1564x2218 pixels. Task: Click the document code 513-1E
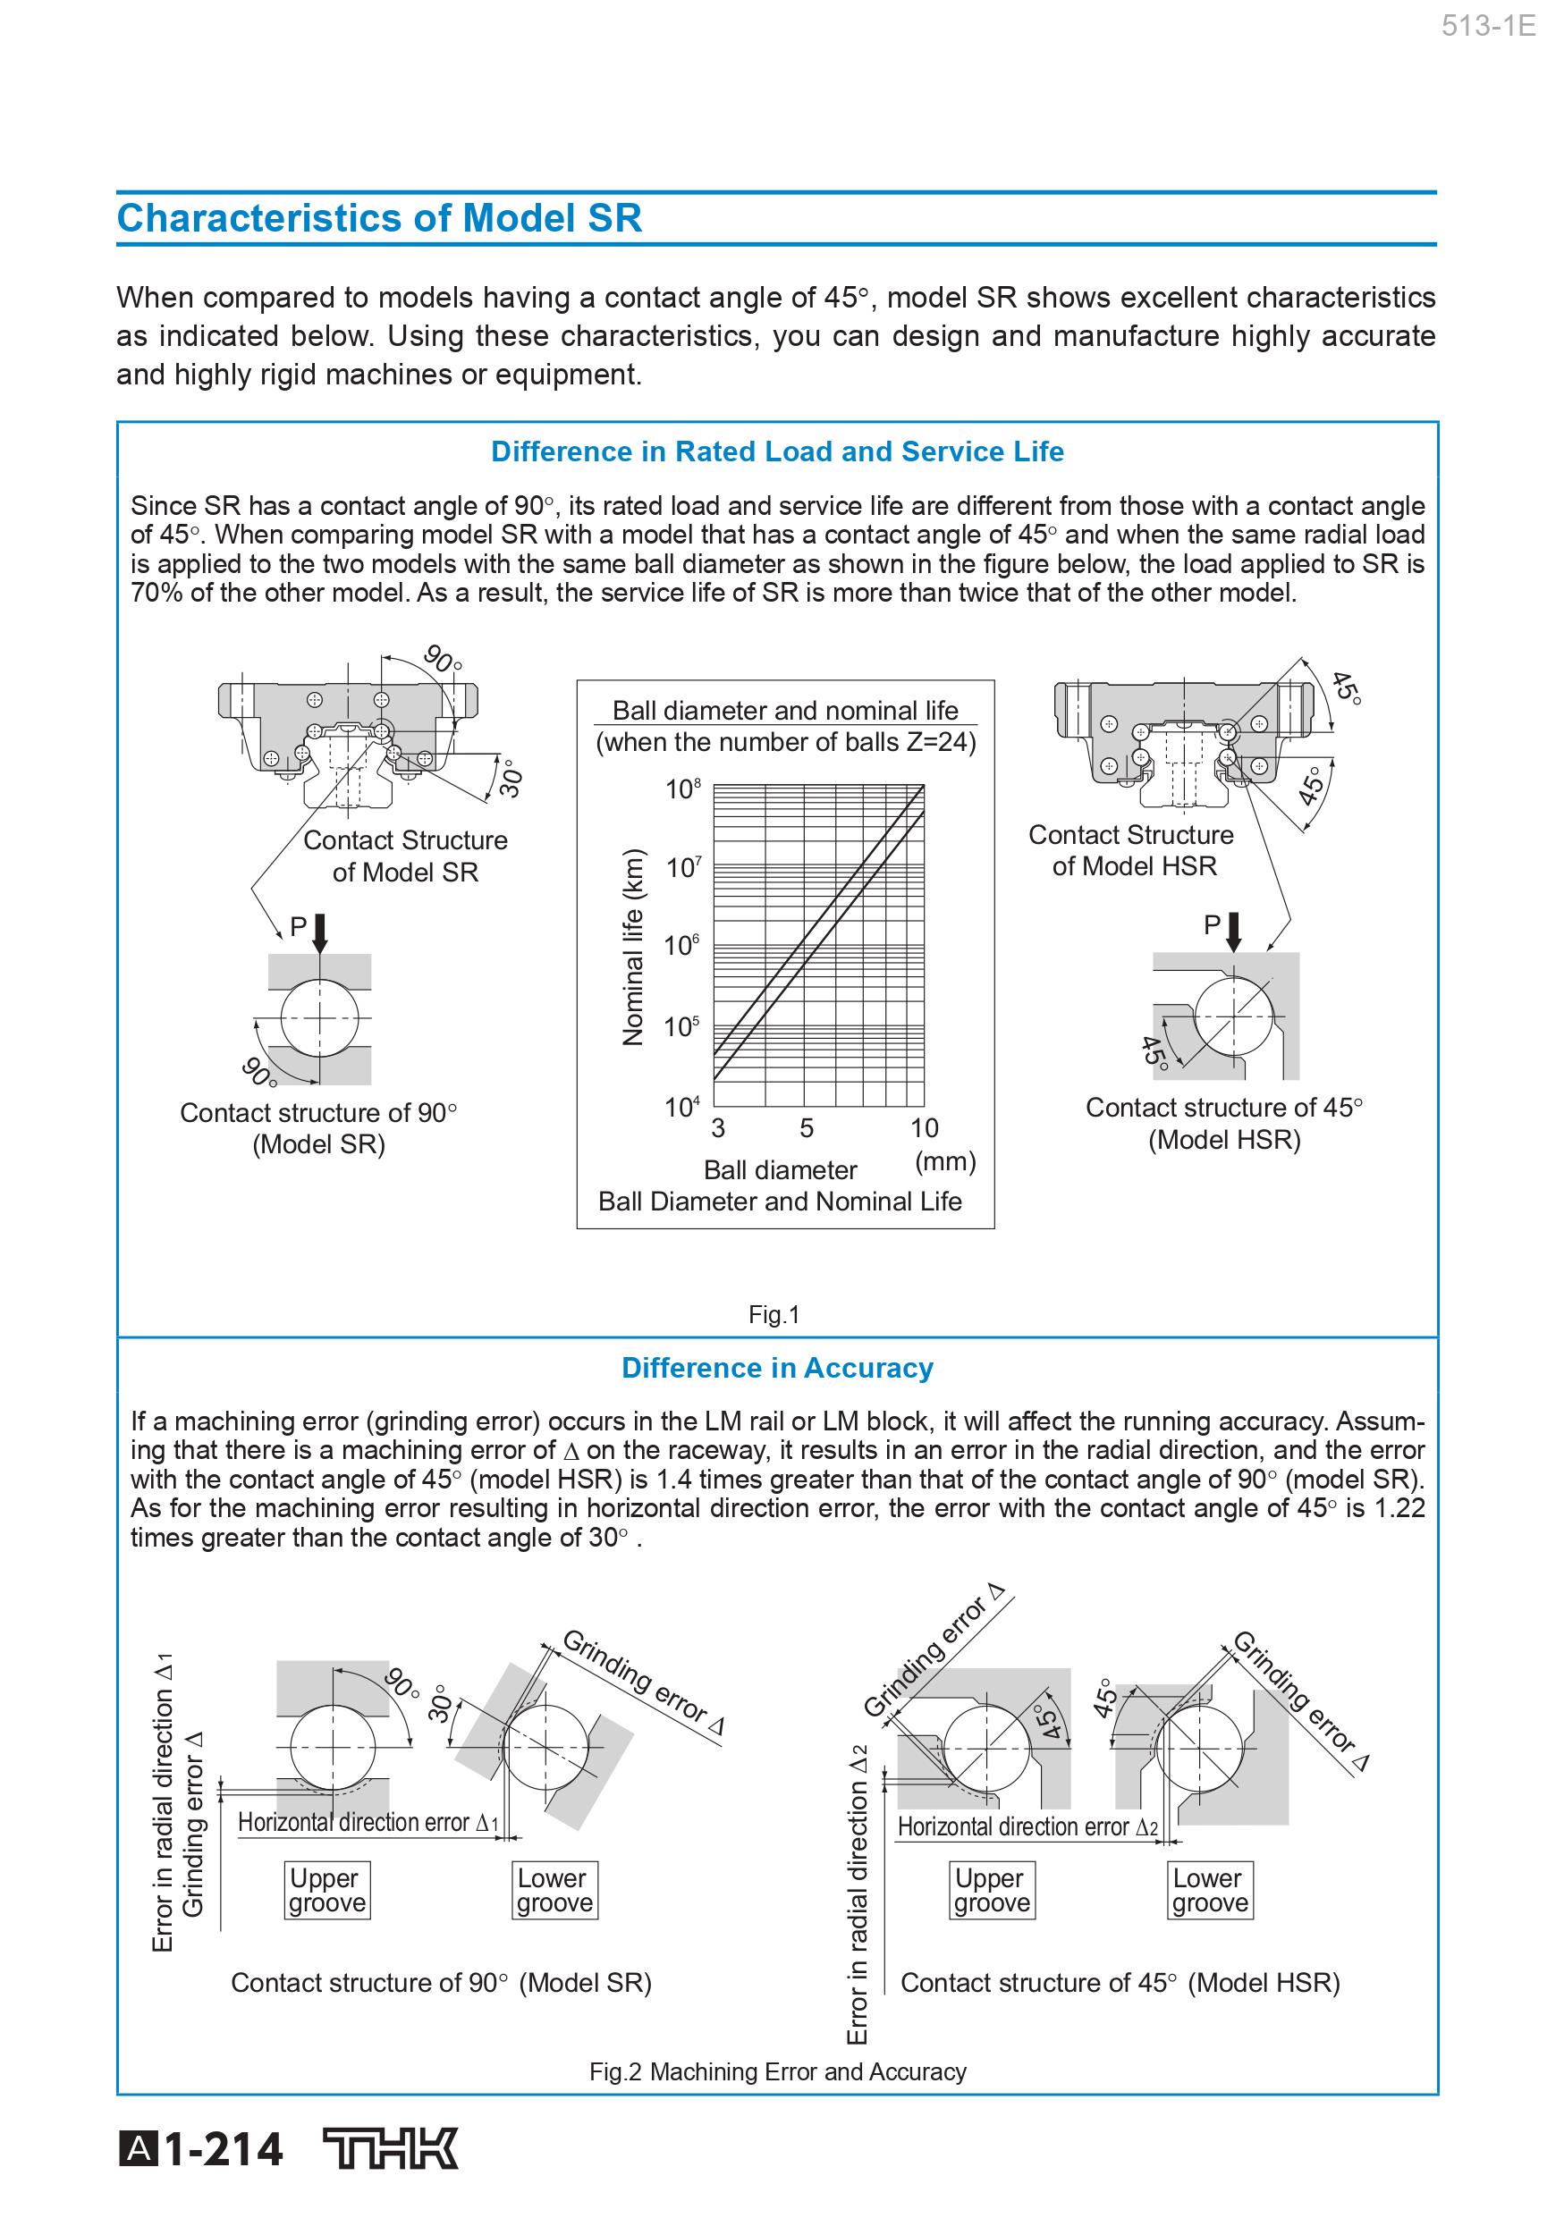[x=1488, y=26]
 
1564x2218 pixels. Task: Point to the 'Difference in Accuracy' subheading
[x=777, y=1368]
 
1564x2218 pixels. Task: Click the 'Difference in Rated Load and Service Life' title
[x=777, y=452]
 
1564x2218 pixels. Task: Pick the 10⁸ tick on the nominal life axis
[x=683, y=789]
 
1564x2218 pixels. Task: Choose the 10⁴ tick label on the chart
[x=682, y=1107]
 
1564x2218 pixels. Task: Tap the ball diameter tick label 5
[x=807, y=1128]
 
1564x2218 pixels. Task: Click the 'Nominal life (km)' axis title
[x=633, y=949]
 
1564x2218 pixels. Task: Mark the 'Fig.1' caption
[x=774, y=1315]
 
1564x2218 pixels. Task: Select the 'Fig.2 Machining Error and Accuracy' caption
[x=777, y=2072]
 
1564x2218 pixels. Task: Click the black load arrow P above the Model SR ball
[x=321, y=932]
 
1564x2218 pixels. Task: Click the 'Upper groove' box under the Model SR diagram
[x=327, y=1891]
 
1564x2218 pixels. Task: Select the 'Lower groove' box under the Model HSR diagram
[x=1211, y=1891]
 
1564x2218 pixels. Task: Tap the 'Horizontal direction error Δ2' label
[x=1027, y=1826]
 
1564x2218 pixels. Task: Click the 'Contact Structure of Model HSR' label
[x=1131, y=850]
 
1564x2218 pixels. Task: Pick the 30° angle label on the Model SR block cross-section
[x=511, y=779]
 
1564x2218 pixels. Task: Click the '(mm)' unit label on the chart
[x=945, y=1161]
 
